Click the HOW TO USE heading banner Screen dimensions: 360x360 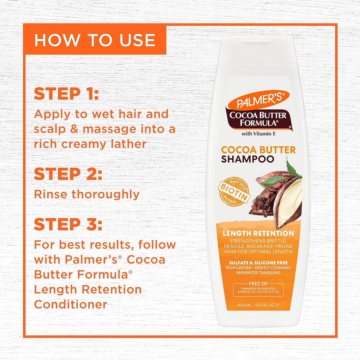click(x=95, y=40)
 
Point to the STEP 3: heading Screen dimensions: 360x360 click(x=68, y=225)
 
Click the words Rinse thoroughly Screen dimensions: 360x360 click(x=86, y=194)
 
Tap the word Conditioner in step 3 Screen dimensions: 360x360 click(x=71, y=304)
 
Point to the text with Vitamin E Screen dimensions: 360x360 click(x=258, y=133)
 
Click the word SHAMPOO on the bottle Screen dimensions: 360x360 click(x=247, y=159)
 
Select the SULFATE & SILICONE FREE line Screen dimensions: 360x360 click(x=258, y=263)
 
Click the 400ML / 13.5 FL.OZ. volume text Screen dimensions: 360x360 click(x=258, y=306)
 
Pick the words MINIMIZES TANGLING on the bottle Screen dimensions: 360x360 click(x=258, y=273)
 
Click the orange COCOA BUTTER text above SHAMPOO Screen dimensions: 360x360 click(x=258, y=150)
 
